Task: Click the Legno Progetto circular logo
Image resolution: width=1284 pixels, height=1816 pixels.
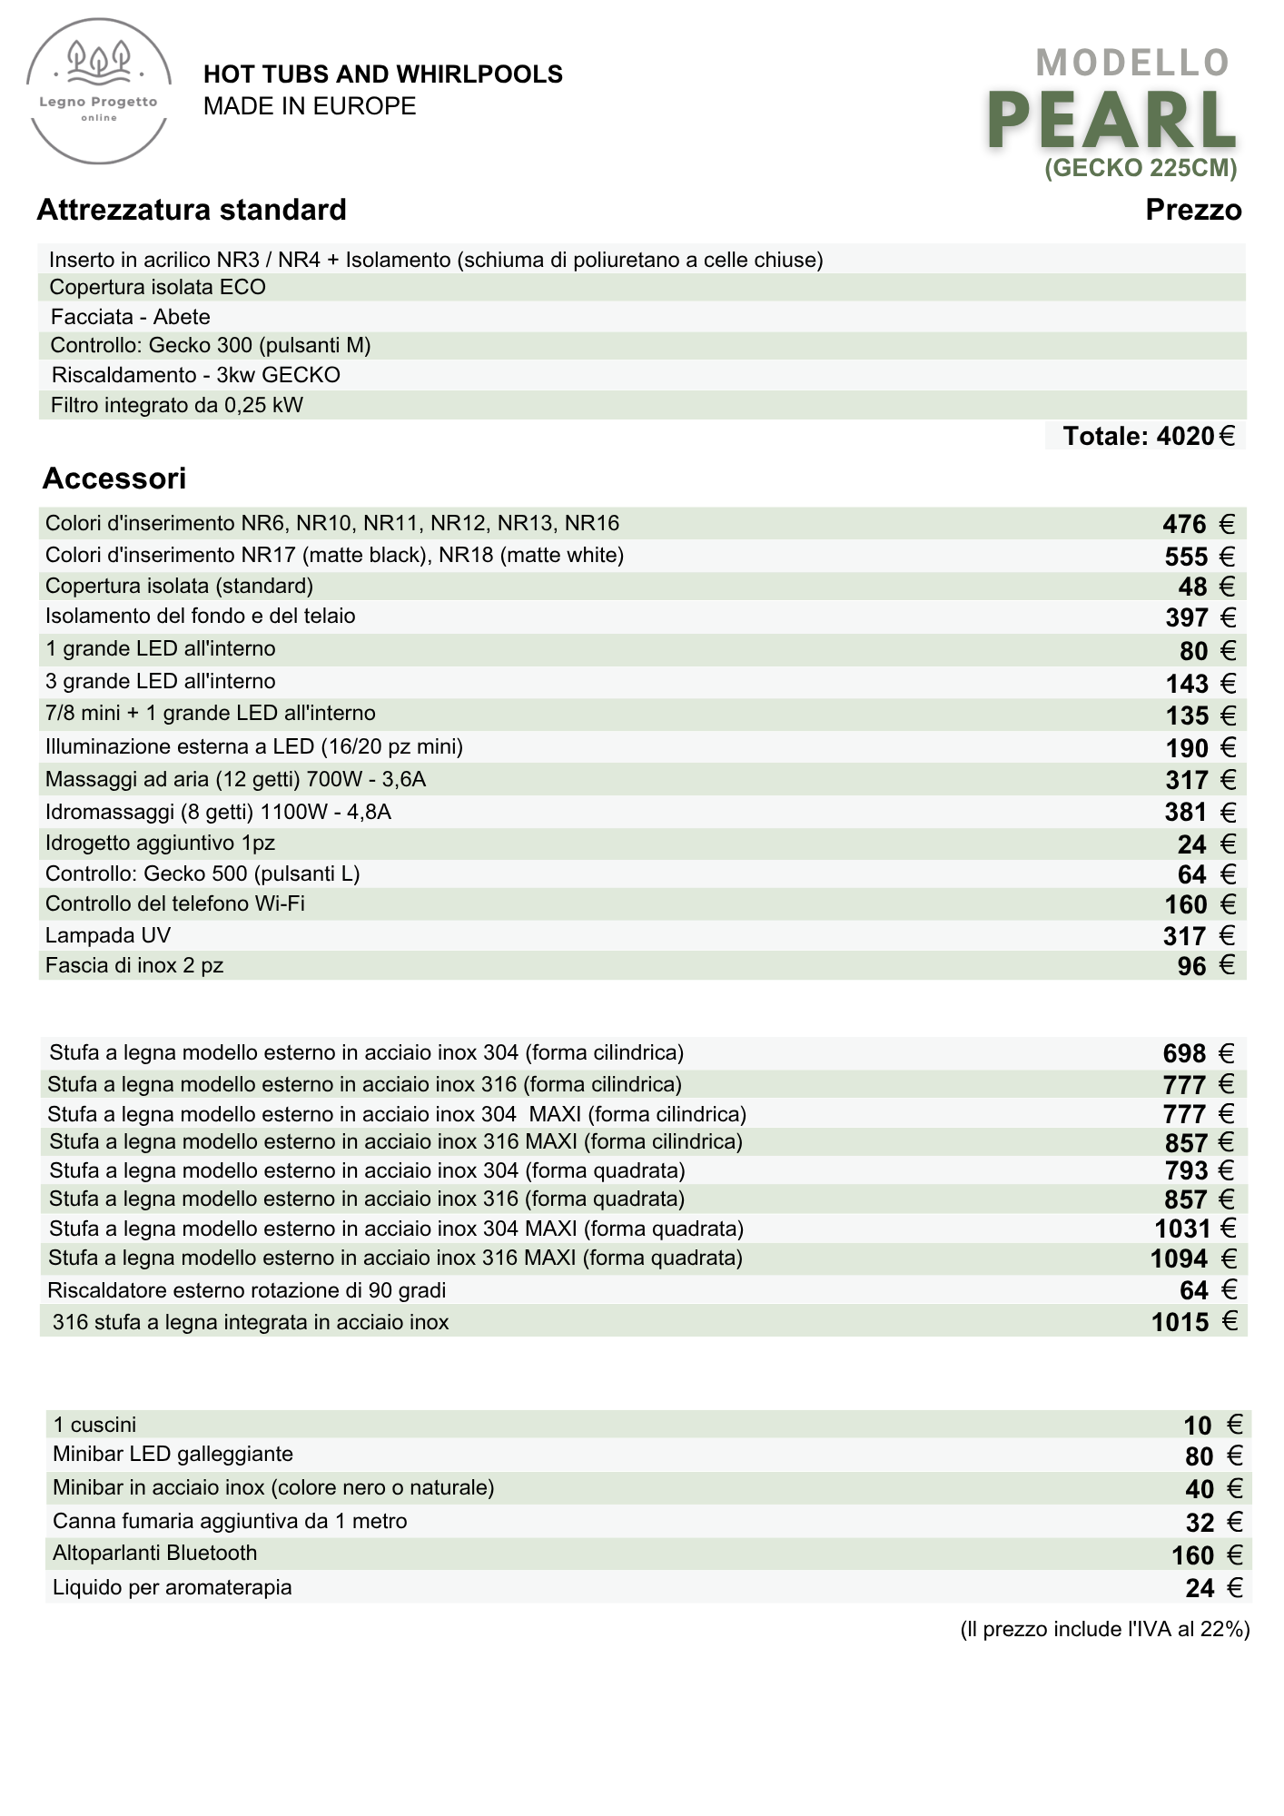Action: click(99, 94)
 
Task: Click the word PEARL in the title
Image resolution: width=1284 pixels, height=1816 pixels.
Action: click(1111, 121)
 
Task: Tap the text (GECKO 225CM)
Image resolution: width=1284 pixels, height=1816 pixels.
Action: click(1141, 168)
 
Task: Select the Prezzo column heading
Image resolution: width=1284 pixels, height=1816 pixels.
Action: click(1193, 210)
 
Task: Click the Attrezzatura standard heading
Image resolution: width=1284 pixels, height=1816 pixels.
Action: click(192, 210)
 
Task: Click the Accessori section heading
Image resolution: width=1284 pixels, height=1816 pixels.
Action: click(114, 478)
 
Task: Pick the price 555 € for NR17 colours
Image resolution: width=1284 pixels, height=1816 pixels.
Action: click(1199, 556)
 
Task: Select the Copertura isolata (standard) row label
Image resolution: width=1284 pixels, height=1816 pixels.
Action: click(179, 586)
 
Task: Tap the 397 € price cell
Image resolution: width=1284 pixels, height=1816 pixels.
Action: click(1200, 617)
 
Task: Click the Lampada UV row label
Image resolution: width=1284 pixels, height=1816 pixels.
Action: click(108, 935)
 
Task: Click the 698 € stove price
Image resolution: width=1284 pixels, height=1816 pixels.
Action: click(1198, 1053)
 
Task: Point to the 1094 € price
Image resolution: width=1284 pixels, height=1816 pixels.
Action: click(1192, 1258)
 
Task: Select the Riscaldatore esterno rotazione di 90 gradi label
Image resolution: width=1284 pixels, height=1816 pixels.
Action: click(246, 1290)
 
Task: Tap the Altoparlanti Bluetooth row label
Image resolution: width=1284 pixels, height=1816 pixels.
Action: click(155, 1553)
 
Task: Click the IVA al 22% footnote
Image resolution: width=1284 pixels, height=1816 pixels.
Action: click(1104, 1629)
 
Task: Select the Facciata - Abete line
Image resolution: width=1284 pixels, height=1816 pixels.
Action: click(131, 317)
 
